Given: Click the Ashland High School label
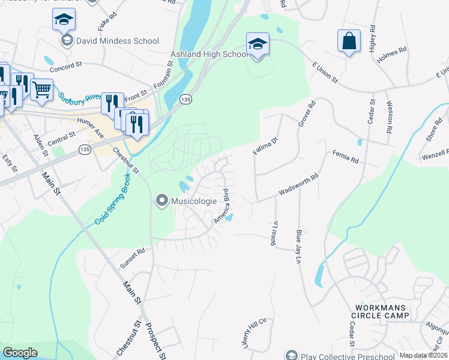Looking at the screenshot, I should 208,54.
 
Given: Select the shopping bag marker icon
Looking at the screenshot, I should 349,41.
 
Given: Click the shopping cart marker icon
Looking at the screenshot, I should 41,89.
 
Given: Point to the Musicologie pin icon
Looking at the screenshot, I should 161,201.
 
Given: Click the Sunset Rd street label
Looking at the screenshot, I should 133,257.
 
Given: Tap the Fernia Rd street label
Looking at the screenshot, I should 345,159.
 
